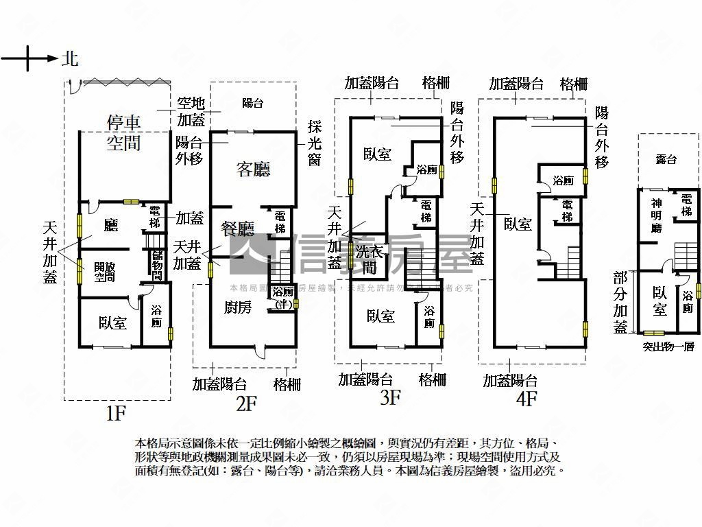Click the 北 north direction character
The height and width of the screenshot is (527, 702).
click(70, 58)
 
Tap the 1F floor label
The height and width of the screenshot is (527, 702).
click(116, 413)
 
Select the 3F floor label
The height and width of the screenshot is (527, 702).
click(389, 398)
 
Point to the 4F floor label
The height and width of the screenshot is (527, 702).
click(526, 399)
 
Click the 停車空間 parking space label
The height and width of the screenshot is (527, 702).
click(123, 132)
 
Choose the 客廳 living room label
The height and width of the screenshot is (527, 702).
click(253, 169)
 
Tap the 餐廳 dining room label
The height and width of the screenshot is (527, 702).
click(238, 228)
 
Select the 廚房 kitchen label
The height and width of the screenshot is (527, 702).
click(237, 307)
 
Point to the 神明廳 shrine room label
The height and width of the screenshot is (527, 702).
click(655, 215)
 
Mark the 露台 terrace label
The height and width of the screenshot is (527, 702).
click(666, 159)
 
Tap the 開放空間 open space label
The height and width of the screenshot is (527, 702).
click(105, 272)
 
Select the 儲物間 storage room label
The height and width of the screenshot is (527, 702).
click(157, 266)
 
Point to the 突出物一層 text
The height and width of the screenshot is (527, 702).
click(668, 347)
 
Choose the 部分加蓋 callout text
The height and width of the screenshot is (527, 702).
click(620, 303)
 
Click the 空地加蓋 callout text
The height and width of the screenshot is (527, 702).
click(191, 111)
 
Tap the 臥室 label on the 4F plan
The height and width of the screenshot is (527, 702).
click(518, 224)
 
